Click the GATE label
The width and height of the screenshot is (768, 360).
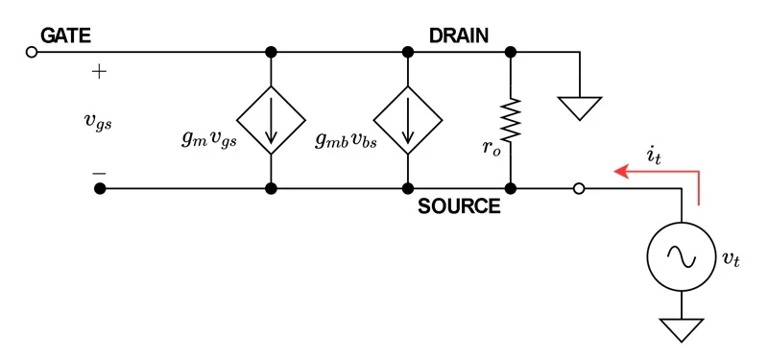pyautogui.click(x=65, y=36)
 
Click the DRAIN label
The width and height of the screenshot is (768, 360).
pyautogui.click(x=459, y=36)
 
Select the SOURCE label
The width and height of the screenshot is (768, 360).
pyautogui.click(x=459, y=205)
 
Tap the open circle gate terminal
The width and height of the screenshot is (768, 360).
pyautogui.click(x=31, y=52)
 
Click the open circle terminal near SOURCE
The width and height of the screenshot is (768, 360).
pyautogui.click(x=578, y=189)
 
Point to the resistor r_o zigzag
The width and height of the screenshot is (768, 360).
pyautogui.click(x=511, y=119)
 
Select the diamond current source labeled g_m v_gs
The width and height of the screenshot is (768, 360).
pyautogui.click(x=272, y=119)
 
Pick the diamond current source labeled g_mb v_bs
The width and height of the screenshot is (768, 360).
pyautogui.click(x=409, y=119)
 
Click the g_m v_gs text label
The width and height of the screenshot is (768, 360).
pyautogui.click(x=208, y=137)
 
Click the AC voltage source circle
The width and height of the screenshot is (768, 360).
pyautogui.click(x=682, y=257)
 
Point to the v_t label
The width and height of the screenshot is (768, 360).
pyautogui.click(x=731, y=258)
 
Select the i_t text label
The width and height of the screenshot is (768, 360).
pyautogui.click(x=656, y=152)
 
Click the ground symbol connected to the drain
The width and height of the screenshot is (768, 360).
pyautogui.click(x=580, y=107)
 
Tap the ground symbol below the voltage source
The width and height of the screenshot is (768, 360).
pyautogui.click(x=682, y=329)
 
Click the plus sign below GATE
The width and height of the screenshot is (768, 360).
pyautogui.click(x=99, y=72)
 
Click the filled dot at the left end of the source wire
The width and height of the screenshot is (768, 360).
pyautogui.click(x=99, y=189)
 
